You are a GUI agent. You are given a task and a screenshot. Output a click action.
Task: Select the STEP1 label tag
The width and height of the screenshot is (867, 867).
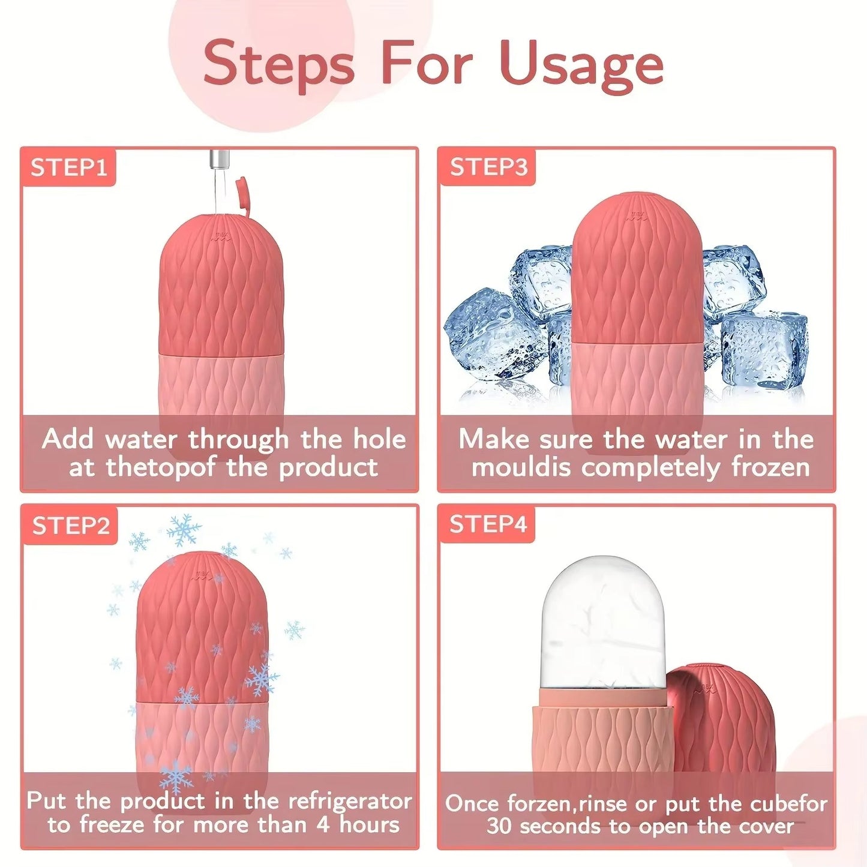pyautogui.click(x=68, y=167)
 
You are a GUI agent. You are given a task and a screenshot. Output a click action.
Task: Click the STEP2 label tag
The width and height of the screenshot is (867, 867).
pyautogui.click(x=71, y=526)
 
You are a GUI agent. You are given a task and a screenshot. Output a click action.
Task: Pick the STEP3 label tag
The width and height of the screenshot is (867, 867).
pyautogui.click(x=488, y=167)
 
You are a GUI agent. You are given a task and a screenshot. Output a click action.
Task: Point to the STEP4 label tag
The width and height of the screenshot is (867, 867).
pyautogui.click(x=488, y=524)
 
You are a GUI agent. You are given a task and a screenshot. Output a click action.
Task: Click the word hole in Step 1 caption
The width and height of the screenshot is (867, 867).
pyautogui.click(x=379, y=439)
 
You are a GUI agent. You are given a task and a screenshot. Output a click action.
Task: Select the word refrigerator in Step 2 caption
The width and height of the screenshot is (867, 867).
pyautogui.click(x=350, y=801)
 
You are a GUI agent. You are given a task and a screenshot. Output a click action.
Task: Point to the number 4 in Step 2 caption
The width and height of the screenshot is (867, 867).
pyautogui.click(x=323, y=825)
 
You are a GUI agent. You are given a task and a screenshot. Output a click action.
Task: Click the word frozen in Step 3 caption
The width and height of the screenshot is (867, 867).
pyautogui.click(x=770, y=467)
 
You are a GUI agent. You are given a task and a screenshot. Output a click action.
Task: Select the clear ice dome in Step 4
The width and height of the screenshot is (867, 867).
pyautogui.click(x=603, y=624)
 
